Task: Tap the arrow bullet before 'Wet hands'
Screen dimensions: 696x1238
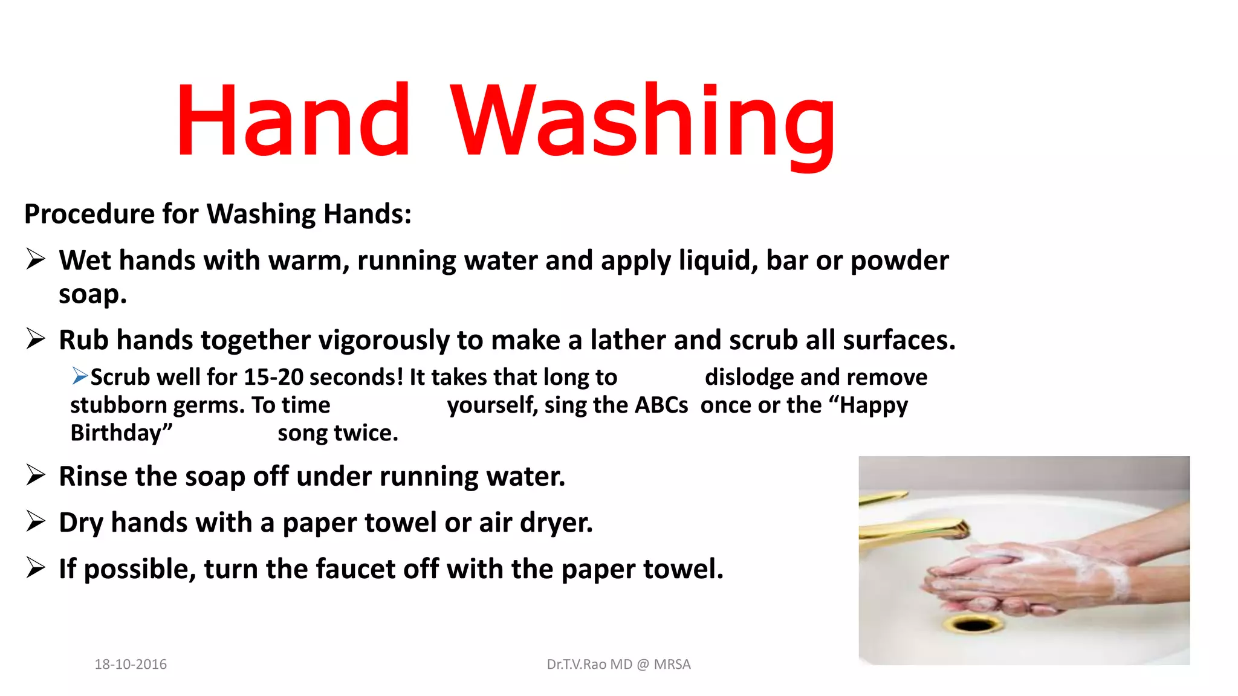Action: point(36,259)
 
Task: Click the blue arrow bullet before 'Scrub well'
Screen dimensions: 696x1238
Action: point(79,376)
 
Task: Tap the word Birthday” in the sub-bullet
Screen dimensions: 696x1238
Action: point(122,433)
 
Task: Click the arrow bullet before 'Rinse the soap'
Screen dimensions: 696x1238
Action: point(36,475)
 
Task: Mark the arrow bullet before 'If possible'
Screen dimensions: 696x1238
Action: point(36,568)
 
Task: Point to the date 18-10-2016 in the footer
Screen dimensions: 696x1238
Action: point(131,664)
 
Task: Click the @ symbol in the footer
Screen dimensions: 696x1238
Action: point(643,664)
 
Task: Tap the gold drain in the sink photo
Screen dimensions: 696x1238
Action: point(973,623)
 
